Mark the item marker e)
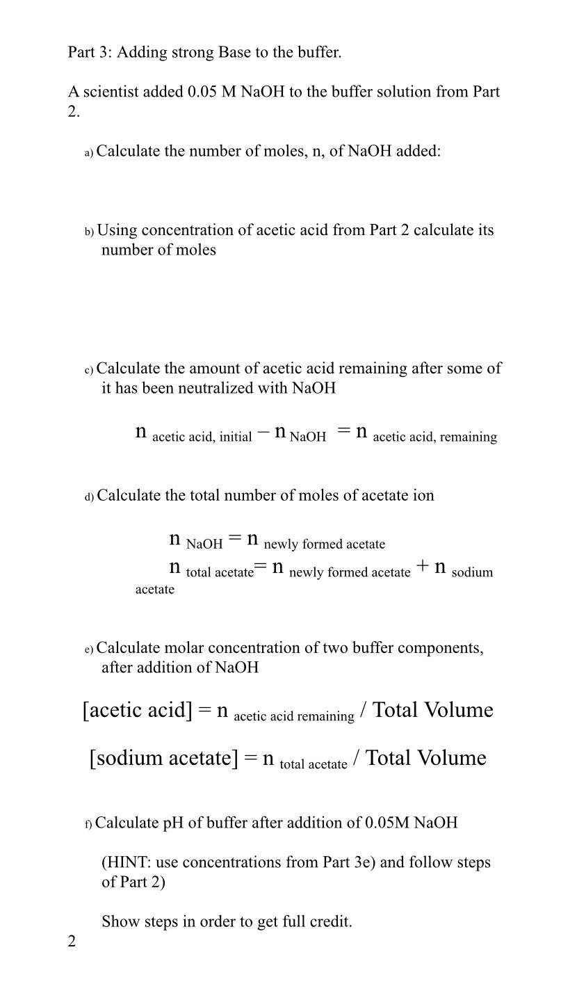[89, 650]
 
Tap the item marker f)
[88, 824]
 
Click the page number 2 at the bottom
[72, 942]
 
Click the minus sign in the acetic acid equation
[263, 433]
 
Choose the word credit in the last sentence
[330, 922]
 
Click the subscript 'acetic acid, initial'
[202, 437]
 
